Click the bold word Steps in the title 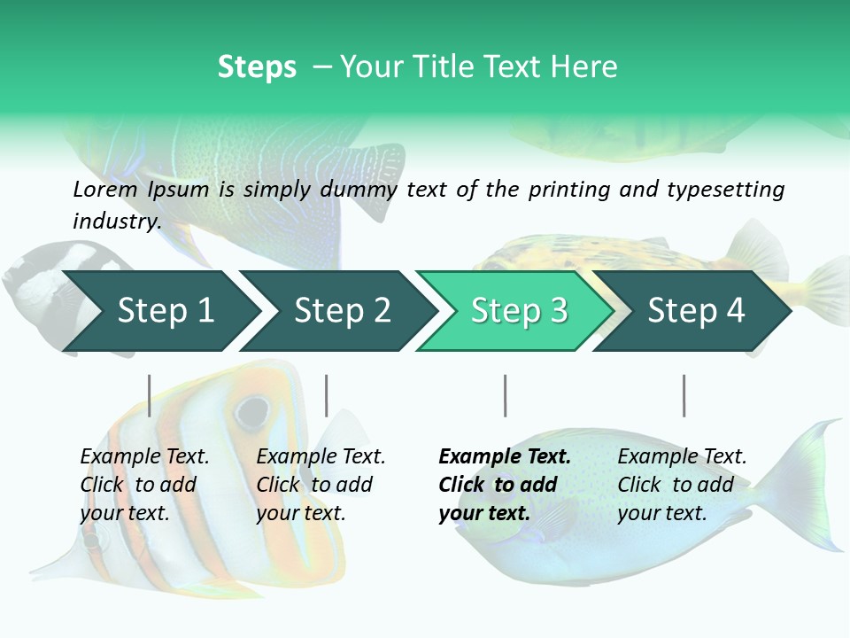click(257, 67)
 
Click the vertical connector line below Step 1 click(150, 395)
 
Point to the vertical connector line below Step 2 click(327, 395)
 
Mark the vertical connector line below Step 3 click(505, 395)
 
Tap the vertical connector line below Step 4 click(684, 395)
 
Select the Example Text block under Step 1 click(144, 485)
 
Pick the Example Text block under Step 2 click(321, 485)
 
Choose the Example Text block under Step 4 click(682, 485)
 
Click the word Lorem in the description click(105, 190)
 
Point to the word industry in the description click(116, 222)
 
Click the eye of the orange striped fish click(252, 410)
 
